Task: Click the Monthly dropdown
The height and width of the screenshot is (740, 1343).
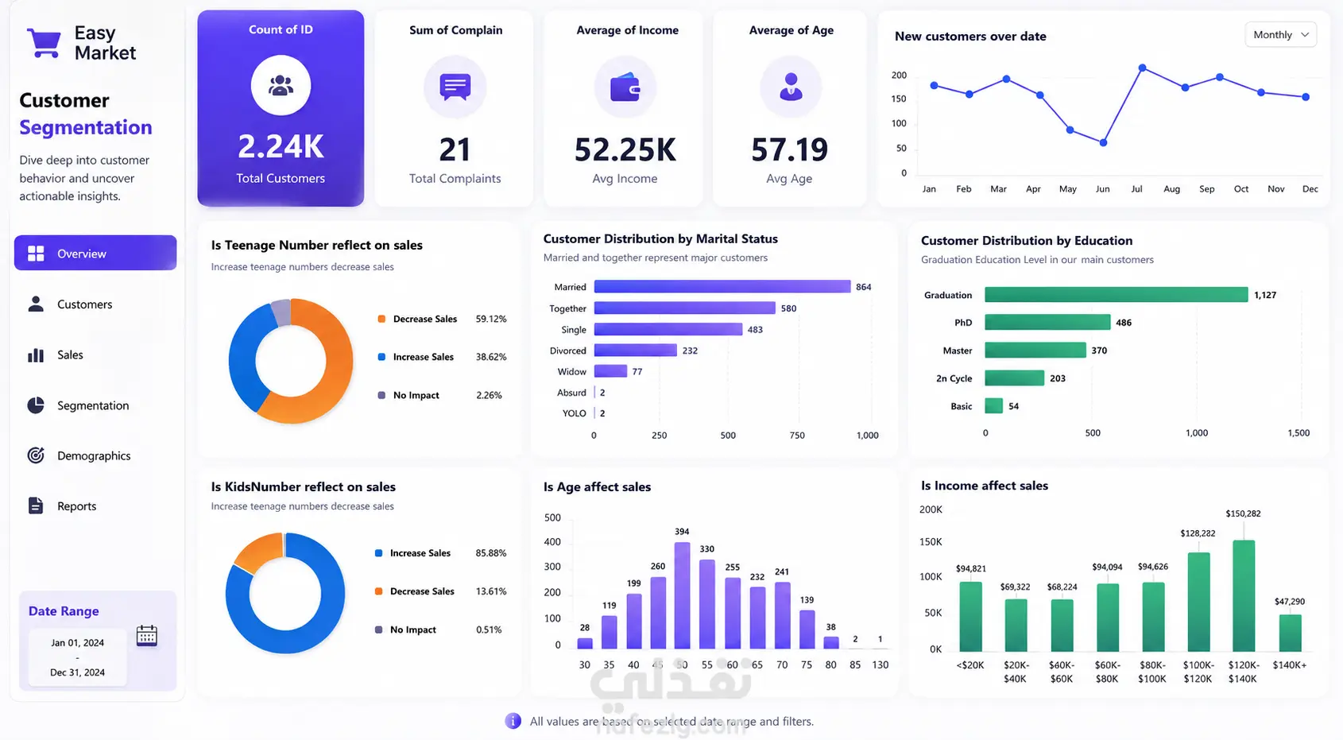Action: point(1281,35)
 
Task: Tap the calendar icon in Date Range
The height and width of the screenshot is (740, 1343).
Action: point(147,635)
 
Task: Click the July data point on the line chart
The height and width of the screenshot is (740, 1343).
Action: point(1142,68)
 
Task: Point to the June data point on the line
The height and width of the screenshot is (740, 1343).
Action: point(1103,143)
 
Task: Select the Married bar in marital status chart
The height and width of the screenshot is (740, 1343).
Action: point(722,287)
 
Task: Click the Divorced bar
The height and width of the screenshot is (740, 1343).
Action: point(636,351)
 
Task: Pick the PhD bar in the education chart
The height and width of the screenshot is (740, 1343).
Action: point(1047,322)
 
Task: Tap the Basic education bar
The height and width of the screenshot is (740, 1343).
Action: point(993,406)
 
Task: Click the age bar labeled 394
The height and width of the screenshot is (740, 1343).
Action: point(683,595)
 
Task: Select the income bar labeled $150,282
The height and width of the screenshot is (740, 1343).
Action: point(1244,595)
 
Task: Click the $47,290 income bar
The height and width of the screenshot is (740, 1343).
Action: point(1290,633)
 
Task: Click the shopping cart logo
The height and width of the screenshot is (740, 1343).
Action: point(44,43)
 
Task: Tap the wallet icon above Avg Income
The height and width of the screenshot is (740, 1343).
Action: point(625,87)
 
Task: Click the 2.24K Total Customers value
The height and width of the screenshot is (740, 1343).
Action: point(281,147)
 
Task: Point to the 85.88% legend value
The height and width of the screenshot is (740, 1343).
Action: point(490,553)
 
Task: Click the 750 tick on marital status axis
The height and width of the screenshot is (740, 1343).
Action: point(797,436)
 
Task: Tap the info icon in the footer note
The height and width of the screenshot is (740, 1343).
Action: point(513,721)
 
